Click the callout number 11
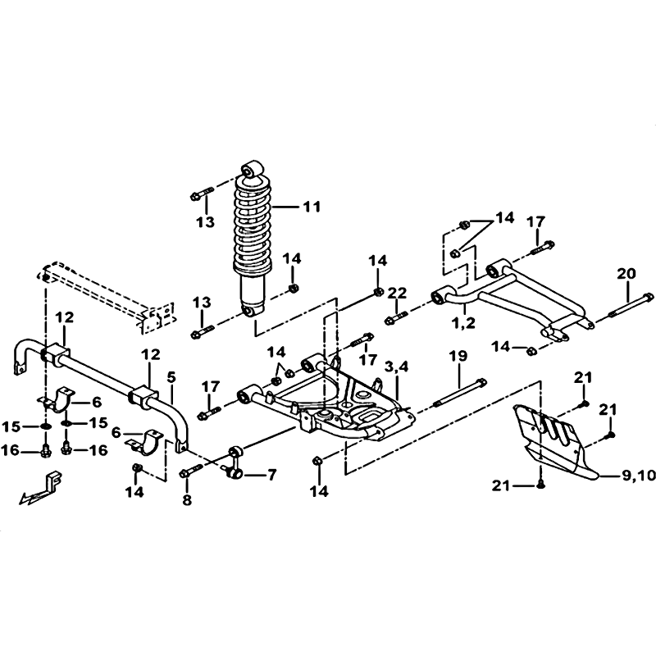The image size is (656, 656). (x=312, y=207)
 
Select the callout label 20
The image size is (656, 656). (x=626, y=274)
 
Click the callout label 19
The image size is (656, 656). (x=458, y=357)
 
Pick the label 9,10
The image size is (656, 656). (x=639, y=476)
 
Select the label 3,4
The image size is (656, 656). (x=396, y=367)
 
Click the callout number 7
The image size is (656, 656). (x=272, y=475)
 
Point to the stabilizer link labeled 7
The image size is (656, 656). (x=235, y=462)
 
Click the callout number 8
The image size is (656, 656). (x=187, y=499)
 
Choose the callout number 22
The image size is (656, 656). (x=397, y=294)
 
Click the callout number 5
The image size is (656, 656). (x=171, y=377)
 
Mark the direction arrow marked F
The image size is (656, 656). (x=40, y=490)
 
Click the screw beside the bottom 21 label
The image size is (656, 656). (x=540, y=485)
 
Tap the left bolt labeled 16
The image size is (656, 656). (x=45, y=450)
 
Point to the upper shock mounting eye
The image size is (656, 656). (x=253, y=168)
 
